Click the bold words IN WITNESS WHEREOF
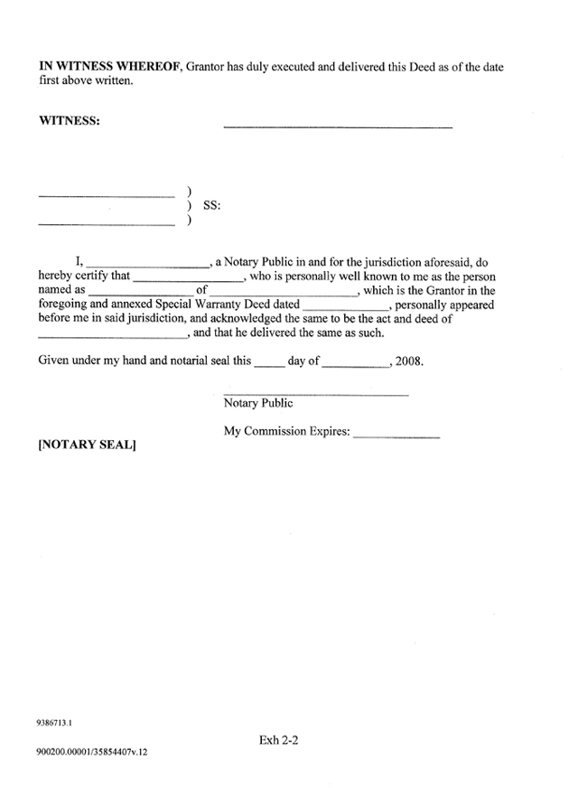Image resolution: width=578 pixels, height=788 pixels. pyautogui.click(x=110, y=68)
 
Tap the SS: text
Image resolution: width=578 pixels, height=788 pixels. pyautogui.click(x=211, y=206)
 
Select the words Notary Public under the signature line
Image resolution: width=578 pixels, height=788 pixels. pyautogui.click(x=258, y=403)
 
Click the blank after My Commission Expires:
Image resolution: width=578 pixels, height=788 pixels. pyautogui.click(x=396, y=437)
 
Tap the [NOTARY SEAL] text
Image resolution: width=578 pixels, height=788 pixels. pyautogui.click(x=87, y=446)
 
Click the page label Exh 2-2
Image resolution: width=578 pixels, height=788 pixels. pyautogui.click(x=278, y=739)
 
